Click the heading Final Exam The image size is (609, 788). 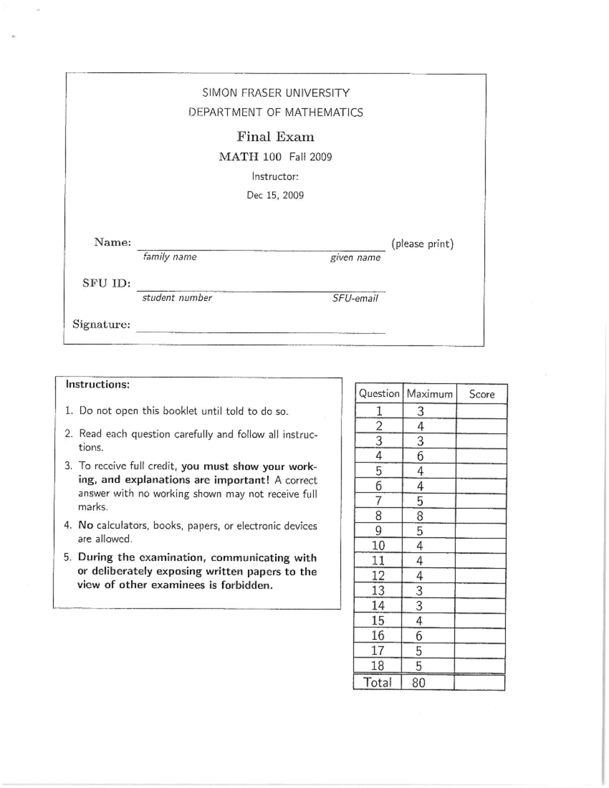point(276,137)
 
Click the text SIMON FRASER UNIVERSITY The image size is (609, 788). point(276,93)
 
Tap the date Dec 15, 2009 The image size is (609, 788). point(275,195)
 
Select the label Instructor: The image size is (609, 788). point(275,177)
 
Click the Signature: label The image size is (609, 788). point(101,324)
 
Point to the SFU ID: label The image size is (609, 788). point(107,283)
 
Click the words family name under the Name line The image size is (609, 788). point(170,257)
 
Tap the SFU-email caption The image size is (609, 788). point(355,298)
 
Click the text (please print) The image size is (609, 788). point(422,244)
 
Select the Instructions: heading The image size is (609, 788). point(97,384)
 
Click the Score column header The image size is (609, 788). point(482,394)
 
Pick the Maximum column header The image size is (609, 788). point(429,394)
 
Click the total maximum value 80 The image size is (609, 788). point(419,683)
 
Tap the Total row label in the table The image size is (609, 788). point(378,683)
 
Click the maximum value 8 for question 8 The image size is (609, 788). point(420,517)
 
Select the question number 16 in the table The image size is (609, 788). point(378,636)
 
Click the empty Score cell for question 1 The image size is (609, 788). point(482,412)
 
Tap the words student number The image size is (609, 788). point(177,298)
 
